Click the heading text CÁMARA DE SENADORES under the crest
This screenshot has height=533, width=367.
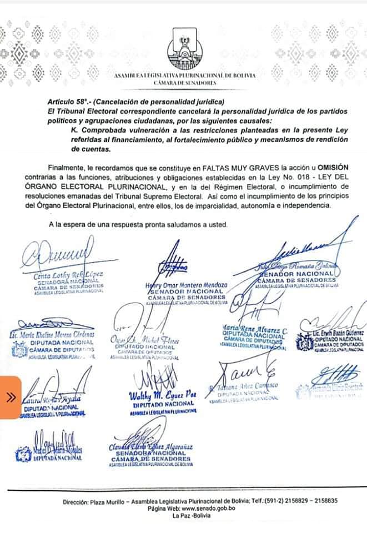coord(184,82)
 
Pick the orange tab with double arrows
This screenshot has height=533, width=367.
coord(11,397)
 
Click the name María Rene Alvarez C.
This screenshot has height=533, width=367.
coord(254,328)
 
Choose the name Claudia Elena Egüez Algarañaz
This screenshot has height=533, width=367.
coord(150,447)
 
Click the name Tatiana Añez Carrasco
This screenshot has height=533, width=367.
coord(245,386)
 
